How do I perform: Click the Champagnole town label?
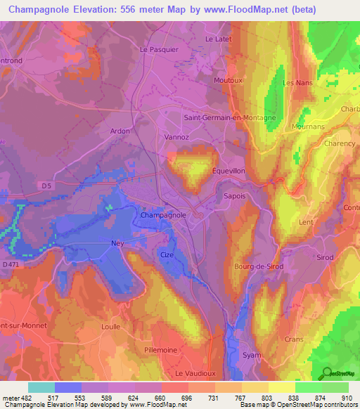(163, 215)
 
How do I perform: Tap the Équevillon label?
(229, 170)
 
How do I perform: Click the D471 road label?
(11, 264)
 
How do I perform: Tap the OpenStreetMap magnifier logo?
(324, 372)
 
